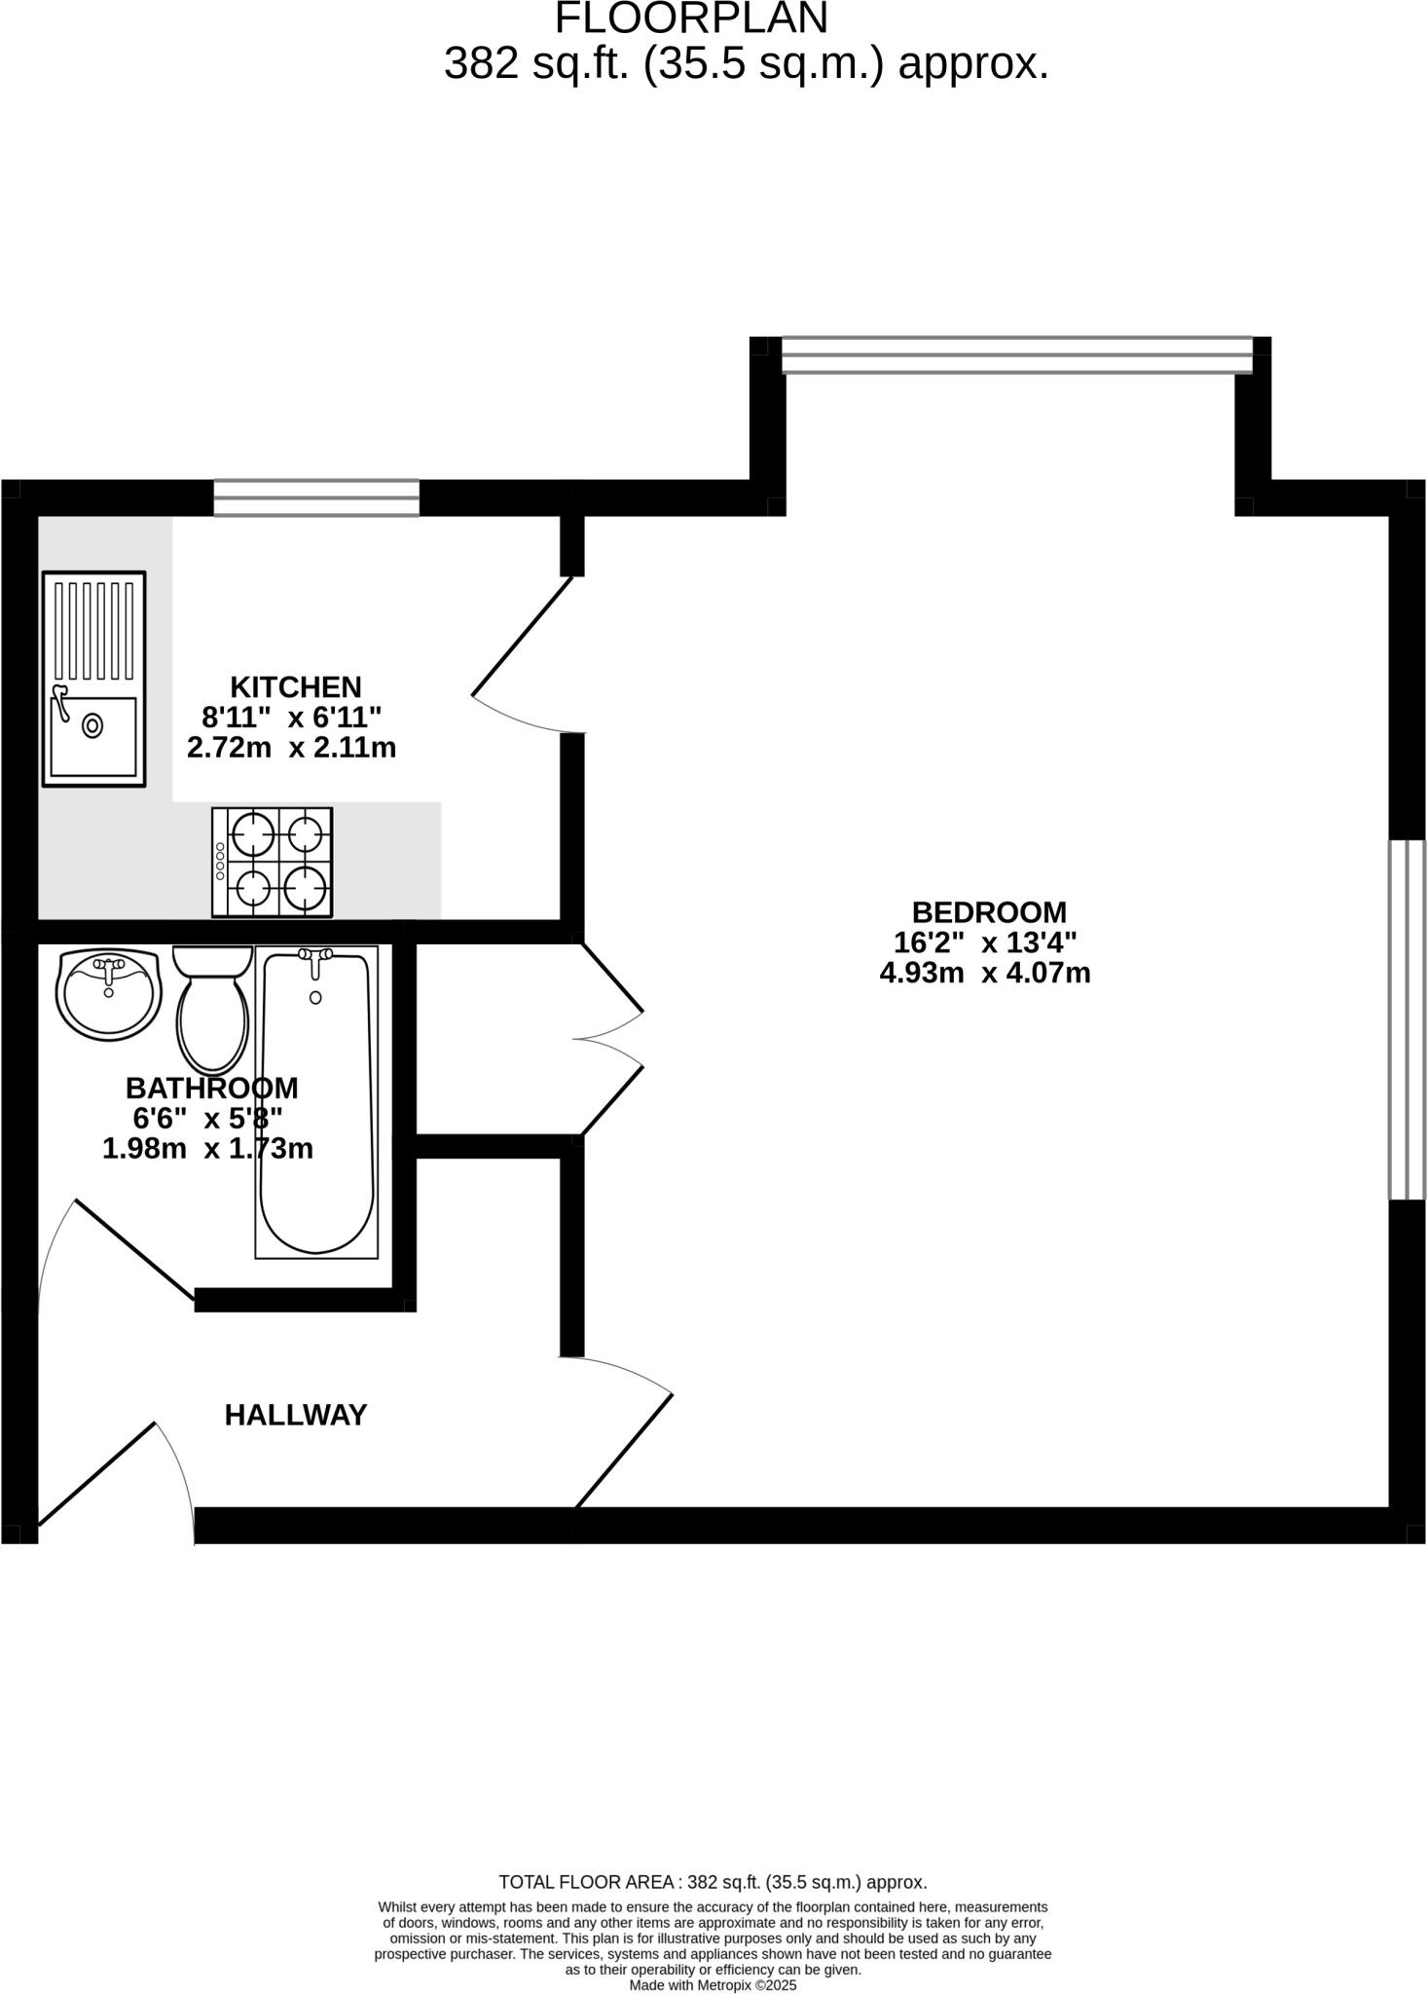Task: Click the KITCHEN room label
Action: tap(295, 686)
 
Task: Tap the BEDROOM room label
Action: tap(989, 912)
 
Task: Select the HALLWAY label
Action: tap(296, 1416)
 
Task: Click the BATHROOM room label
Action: tap(211, 1088)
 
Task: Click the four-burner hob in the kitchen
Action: tap(273, 863)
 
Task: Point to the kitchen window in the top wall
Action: tap(316, 498)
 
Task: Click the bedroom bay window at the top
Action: tap(1016, 354)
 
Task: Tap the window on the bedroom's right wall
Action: tap(1407, 1019)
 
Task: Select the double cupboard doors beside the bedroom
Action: tap(611, 1039)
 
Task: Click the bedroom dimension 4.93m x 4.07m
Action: tap(985, 973)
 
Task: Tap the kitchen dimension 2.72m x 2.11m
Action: tap(291, 748)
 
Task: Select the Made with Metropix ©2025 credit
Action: tap(713, 1984)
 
